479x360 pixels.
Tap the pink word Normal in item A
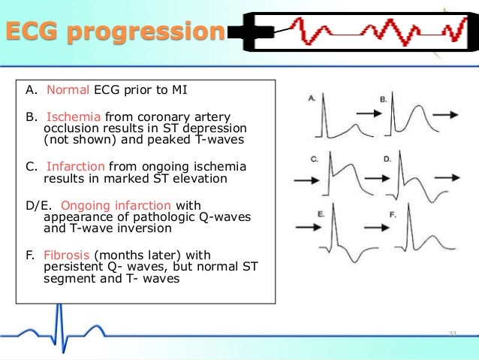click(x=68, y=91)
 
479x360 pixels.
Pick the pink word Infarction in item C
click(x=77, y=166)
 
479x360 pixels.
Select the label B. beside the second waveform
click(x=383, y=99)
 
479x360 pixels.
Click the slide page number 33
click(x=452, y=333)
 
